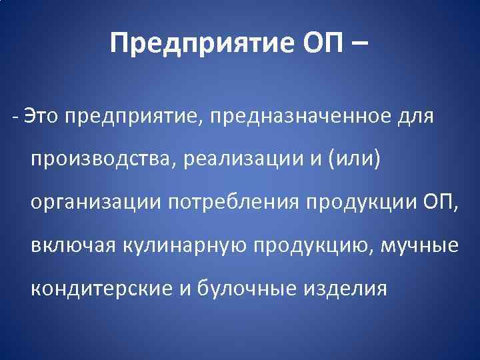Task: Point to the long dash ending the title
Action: pyautogui.click(x=355, y=45)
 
